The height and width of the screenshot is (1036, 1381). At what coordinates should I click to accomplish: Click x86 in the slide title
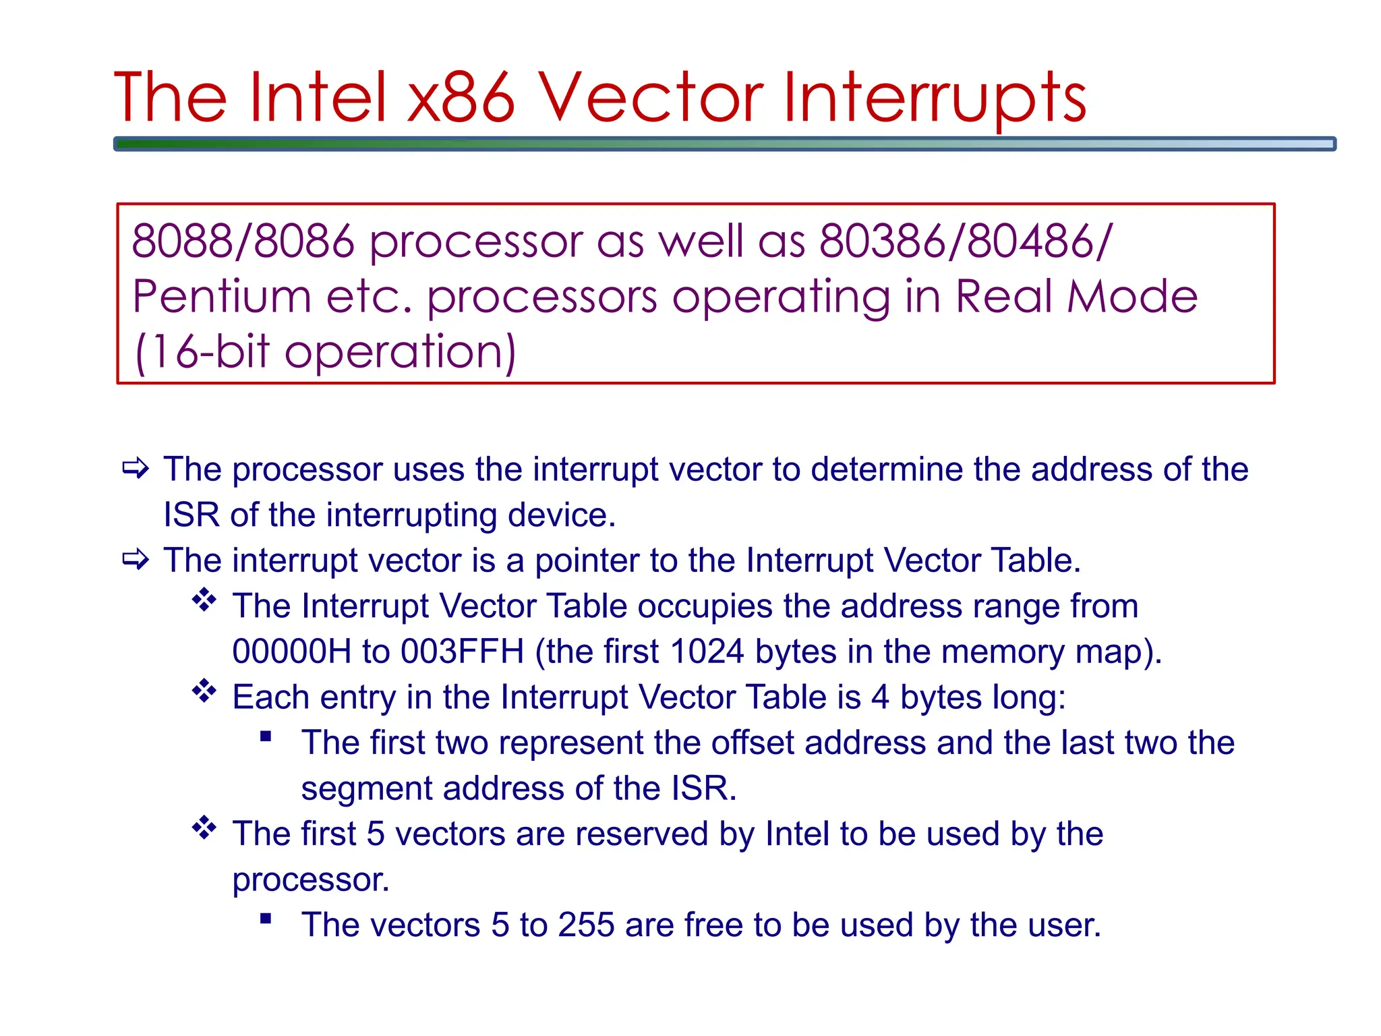tap(461, 98)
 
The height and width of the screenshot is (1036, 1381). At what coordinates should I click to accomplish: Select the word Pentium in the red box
tap(221, 297)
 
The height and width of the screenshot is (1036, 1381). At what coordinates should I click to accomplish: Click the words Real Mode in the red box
tap(1076, 297)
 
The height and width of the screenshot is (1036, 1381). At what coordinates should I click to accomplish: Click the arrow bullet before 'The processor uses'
tap(136, 468)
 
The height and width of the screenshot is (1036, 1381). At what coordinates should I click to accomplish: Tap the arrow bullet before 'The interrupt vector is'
tap(136, 559)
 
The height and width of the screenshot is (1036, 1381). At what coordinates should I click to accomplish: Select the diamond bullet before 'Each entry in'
tap(204, 691)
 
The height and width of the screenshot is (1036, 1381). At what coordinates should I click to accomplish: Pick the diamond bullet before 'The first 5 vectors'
tap(204, 828)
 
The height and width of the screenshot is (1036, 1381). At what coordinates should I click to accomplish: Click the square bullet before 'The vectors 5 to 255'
tap(266, 918)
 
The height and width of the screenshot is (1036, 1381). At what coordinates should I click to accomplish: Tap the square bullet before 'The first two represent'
tap(266, 736)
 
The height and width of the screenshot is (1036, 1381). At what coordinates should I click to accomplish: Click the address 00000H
tap(291, 652)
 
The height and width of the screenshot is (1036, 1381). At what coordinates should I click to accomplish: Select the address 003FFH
tap(463, 652)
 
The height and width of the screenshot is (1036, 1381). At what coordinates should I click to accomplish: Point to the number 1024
tap(707, 652)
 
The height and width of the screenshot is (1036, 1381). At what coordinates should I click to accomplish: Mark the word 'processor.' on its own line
tap(311, 880)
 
